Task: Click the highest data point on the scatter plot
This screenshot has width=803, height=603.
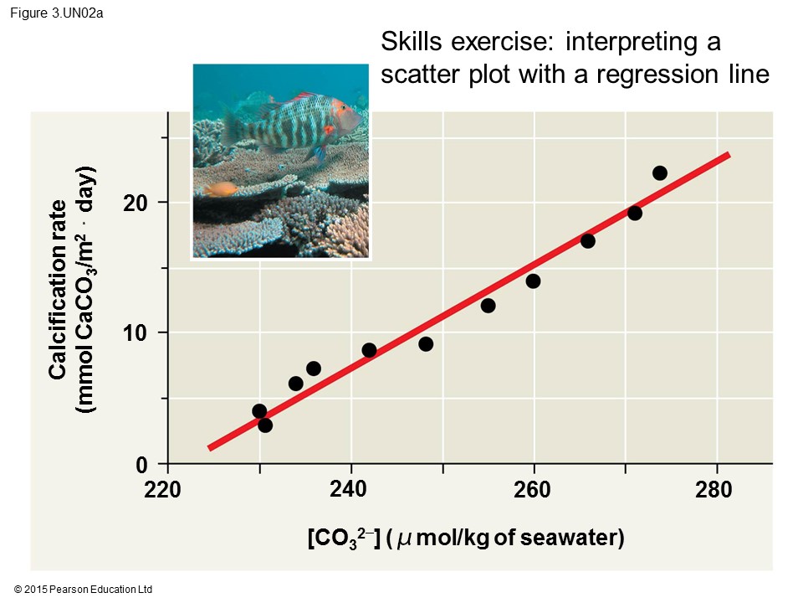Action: tap(659, 173)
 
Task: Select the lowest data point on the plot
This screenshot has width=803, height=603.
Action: tap(265, 425)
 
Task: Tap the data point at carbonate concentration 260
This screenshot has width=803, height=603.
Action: tap(533, 281)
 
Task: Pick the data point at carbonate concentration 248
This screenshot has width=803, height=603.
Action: tap(426, 344)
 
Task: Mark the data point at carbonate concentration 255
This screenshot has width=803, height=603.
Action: tap(488, 306)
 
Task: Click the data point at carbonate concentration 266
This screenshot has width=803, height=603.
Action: tap(588, 241)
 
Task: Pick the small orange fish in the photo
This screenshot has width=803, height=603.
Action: tap(221, 189)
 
